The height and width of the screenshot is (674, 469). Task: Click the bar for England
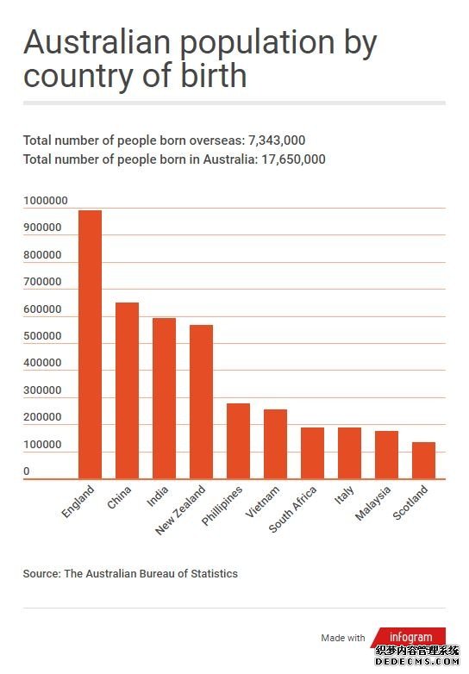(90, 344)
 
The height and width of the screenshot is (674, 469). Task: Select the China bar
(127, 390)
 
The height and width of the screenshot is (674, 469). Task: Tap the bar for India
(164, 398)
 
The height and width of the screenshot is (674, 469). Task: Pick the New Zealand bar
(201, 402)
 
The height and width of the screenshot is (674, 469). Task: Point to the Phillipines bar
(238, 441)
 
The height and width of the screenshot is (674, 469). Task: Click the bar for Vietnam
(275, 444)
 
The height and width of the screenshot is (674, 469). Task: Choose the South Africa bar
(312, 453)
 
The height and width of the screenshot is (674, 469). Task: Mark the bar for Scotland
(423, 460)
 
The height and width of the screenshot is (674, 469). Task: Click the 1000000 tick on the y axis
(46, 200)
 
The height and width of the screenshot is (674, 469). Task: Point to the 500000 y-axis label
(42, 336)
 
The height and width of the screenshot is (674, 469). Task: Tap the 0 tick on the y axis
(27, 471)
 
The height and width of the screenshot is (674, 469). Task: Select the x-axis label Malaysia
(373, 503)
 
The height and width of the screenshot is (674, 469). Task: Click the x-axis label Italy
(344, 495)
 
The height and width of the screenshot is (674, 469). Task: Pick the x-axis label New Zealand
(180, 510)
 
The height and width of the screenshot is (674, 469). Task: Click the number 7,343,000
(277, 140)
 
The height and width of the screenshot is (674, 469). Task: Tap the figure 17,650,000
(294, 159)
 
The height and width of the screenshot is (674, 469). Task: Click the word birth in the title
(213, 75)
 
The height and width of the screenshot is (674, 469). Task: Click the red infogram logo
(409, 636)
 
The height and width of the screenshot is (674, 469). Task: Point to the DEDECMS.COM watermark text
(417, 662)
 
